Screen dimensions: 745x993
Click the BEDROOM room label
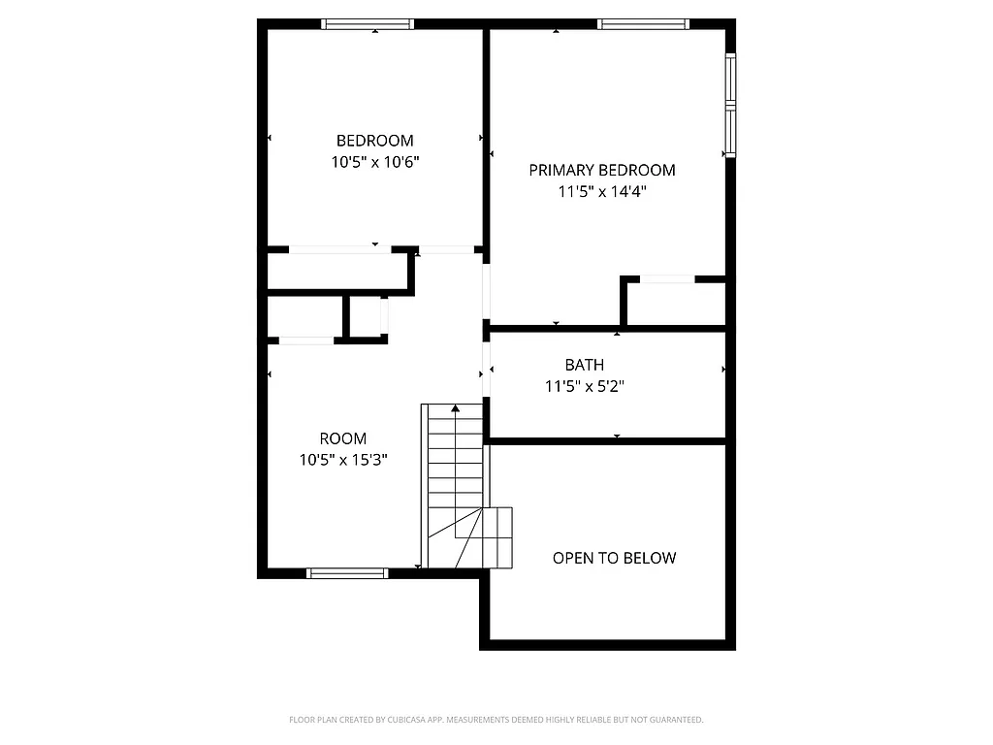click(374, 141)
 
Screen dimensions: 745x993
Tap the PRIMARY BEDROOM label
click(601, 170)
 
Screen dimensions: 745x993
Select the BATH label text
click(584, 365)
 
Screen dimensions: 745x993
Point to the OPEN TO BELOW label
click(614, 558)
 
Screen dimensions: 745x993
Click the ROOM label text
click(343, 438)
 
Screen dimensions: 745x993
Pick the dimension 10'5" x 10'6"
click(374, 162)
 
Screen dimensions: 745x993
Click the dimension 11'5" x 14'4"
click(601, 191)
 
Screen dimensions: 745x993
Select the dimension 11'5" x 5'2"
click(584, 386)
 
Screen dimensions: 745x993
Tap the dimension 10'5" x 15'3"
click(343, 460)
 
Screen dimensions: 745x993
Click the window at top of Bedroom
click(368, 24)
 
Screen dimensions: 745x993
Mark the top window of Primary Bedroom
click(644, 24)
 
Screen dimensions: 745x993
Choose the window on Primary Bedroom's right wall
click(730, 105)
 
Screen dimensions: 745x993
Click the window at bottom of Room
click(347, 573)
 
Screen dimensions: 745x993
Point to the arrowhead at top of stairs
click(455, 408)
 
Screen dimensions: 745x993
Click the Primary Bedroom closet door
click(667, 279)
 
